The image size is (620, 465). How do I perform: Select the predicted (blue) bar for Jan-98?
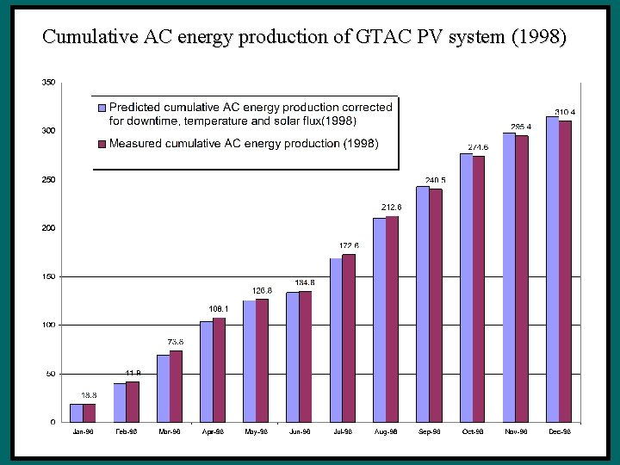77,412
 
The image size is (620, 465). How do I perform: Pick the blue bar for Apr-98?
207,371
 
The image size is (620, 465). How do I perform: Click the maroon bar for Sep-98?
436,305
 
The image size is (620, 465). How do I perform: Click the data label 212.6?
392,208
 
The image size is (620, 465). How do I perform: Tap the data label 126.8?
262,290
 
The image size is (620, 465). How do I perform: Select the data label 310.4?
565,112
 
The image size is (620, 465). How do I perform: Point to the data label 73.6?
175,342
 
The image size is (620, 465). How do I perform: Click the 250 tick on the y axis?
48,180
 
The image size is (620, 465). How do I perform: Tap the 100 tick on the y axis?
48,325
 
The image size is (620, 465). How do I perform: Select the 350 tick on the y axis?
48,83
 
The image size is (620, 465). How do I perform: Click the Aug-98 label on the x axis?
386,431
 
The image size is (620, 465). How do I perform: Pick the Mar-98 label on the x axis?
170,431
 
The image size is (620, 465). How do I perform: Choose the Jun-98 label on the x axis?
299,431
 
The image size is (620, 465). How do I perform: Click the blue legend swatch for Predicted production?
102,108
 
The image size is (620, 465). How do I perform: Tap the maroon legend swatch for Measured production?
102,144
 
